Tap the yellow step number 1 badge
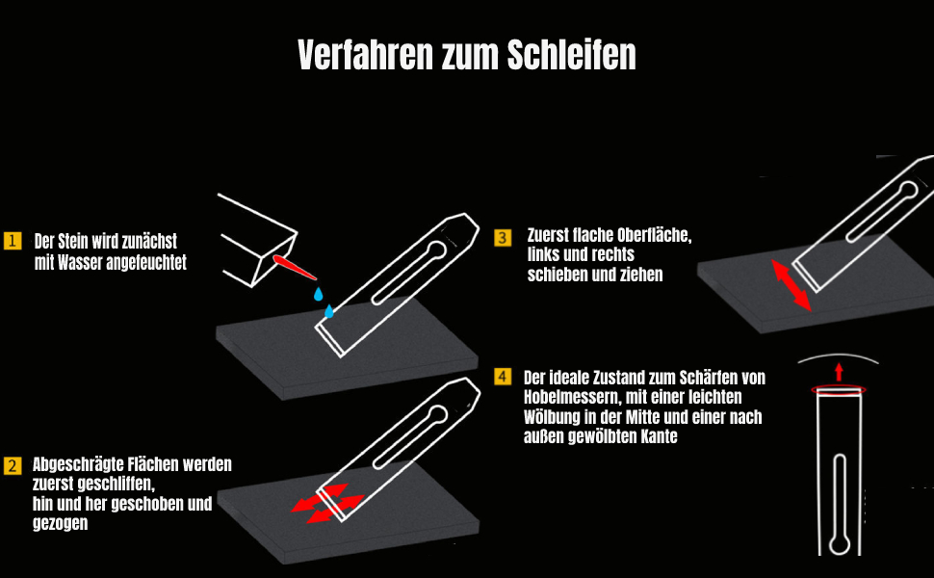[x=13, y=241]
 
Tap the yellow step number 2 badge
[x=13, y=466]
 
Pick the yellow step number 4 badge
[x=503, y=377]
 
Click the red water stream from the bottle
[x=293, y=265]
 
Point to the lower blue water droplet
[x=328, y=310]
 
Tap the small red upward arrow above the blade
[x=839, y=371]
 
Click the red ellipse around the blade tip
[x=839, y=389]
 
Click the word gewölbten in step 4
[x=600, y=436]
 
